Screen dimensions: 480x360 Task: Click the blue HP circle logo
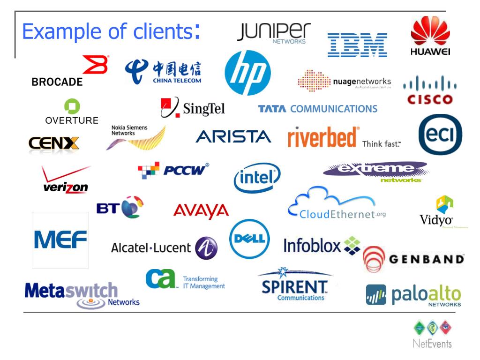247,73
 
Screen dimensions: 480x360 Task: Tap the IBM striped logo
357,45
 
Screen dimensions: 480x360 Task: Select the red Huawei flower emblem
430,32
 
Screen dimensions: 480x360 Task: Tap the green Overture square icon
72,106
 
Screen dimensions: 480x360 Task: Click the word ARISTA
233,136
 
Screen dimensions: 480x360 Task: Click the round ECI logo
440,135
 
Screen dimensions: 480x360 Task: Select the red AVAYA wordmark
201,211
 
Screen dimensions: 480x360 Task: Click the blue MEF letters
60,240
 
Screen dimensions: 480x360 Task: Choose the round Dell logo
250,239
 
